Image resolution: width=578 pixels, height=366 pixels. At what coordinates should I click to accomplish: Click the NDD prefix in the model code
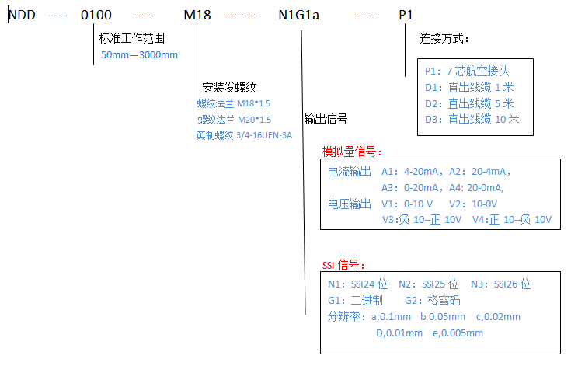pos(22,15)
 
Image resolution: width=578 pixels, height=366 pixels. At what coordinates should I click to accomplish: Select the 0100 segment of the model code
pos(96,15)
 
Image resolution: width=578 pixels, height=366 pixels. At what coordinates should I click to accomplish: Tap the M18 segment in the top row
pos(196,15)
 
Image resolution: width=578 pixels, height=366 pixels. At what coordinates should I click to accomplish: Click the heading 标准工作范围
pos(132,38)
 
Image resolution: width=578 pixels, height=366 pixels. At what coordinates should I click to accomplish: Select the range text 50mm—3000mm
pos(140,55)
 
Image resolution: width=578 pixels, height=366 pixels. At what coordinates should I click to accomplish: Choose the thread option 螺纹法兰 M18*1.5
pos(234,103)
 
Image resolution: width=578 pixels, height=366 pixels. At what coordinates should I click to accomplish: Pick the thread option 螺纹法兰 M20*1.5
pos(234,119)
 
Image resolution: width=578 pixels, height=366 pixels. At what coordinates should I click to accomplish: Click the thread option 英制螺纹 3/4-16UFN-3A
pos(244,135)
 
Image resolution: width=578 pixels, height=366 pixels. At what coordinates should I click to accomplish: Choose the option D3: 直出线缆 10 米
pos(472,119)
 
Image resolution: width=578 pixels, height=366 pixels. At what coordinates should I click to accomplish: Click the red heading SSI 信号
pos(343,264)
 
